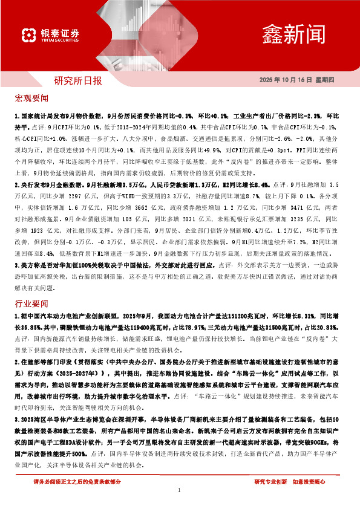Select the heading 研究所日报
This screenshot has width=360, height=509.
pyautogui.click(x=78, y=80)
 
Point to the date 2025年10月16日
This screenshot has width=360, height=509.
pyautogui.click(x=282, y=80)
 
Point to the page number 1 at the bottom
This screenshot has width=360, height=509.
pyautogui.click(x=180, y=490)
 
